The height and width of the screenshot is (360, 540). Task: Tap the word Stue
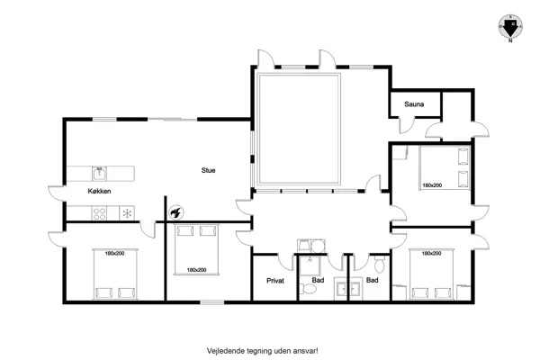point(208,169)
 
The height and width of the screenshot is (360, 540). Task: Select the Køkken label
point(100,192)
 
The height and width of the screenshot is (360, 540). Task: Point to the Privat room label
point(275,281)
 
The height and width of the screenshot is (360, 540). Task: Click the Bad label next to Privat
point(318,281)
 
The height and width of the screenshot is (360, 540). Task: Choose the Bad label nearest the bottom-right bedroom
point(373,281)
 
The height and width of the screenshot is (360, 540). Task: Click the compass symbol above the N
point(508,24)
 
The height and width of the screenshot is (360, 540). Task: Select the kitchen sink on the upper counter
point(100,170)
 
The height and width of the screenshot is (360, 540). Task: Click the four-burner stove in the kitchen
point(102,213)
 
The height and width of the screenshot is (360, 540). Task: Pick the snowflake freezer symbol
point(128,213)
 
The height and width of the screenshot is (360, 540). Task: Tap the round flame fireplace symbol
point(176,212)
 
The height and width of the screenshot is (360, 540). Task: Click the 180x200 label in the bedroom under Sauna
point(432,185)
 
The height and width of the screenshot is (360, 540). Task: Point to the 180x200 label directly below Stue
point(196,270)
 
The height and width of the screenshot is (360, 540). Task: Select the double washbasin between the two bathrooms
point(347,288)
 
